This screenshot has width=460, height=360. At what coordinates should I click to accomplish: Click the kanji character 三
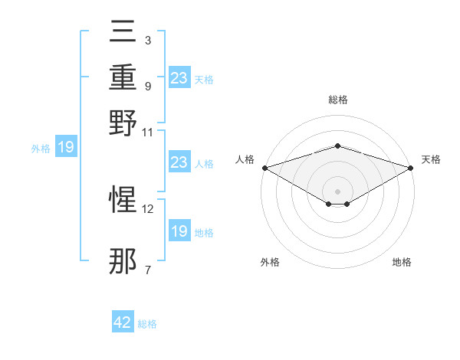coord(123,33)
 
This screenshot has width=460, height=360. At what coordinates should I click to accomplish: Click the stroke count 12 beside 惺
coord(148,208)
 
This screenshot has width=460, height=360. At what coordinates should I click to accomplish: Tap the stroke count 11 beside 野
coord(148,131)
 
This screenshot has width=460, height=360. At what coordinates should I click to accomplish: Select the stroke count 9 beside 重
coord(148,86)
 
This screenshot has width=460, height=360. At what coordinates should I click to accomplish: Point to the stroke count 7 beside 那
coord(148,270)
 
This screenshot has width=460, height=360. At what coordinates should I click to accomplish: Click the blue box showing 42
coord(123,322)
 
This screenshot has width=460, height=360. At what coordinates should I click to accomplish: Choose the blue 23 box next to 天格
coord(179,77)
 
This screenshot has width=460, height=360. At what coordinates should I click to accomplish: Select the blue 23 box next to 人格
coord(179,162)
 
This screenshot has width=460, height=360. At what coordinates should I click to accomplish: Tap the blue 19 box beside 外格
coord(66,148)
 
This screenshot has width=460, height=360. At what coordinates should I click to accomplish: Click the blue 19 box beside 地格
coord(179,231)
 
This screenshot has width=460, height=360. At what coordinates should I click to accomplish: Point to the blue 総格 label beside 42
coord(147,324)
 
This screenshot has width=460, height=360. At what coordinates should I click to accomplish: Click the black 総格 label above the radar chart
coord(337,100)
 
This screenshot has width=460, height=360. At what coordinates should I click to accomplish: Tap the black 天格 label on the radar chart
coord(431,159)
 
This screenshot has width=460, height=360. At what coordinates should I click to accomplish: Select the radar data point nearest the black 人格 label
coord(264,168)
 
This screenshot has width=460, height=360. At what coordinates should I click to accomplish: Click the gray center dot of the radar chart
coord(337,191)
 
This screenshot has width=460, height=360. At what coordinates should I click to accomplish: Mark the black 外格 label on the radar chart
coord(270,262)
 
